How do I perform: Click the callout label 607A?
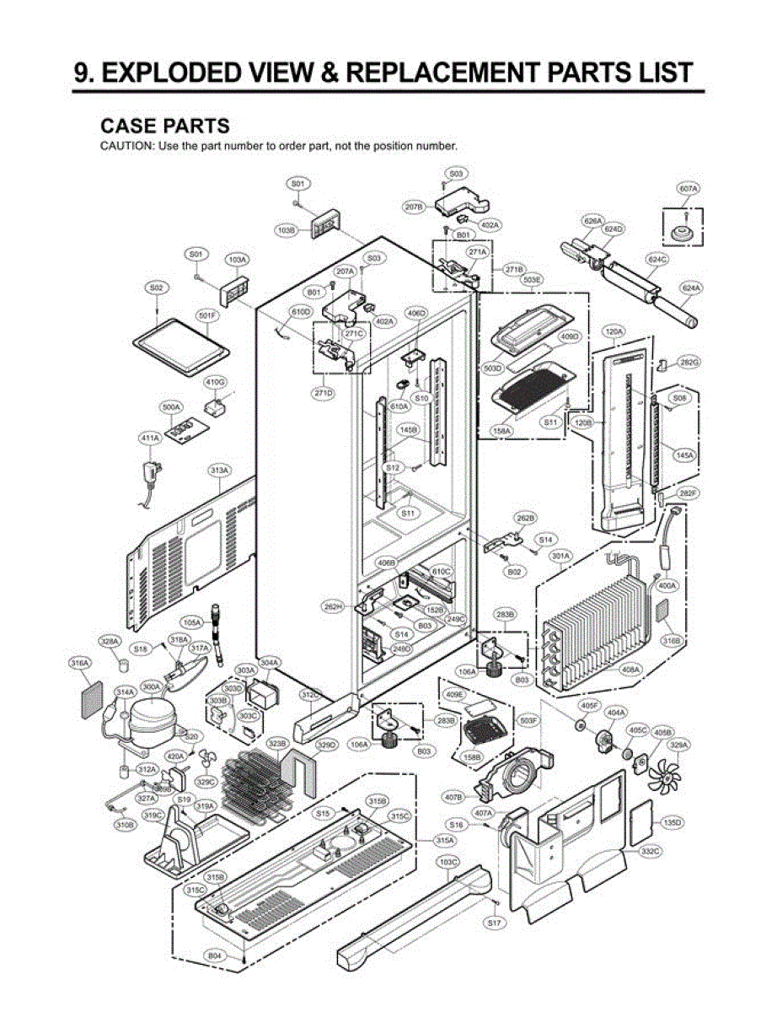click(x=689, y=189)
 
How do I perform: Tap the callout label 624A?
click(x=691, y=288)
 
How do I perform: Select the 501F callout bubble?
click(x=207, y=315)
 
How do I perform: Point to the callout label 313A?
click(x=220, y=470)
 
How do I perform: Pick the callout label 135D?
click(x=672, y=821)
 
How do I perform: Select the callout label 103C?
click(x=448, y=861)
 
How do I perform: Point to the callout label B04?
click(x=216, y=955)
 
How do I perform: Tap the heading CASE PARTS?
click(x=164, y=126)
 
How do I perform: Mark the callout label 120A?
click(x=613, y=332)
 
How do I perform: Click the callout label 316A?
click(x=80, y=664)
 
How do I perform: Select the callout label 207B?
click(x=413, y=207)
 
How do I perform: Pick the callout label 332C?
click(x=650, y=852)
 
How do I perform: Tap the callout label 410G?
click(x=216, y=381)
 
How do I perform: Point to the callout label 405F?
click(x=589, y=704)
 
